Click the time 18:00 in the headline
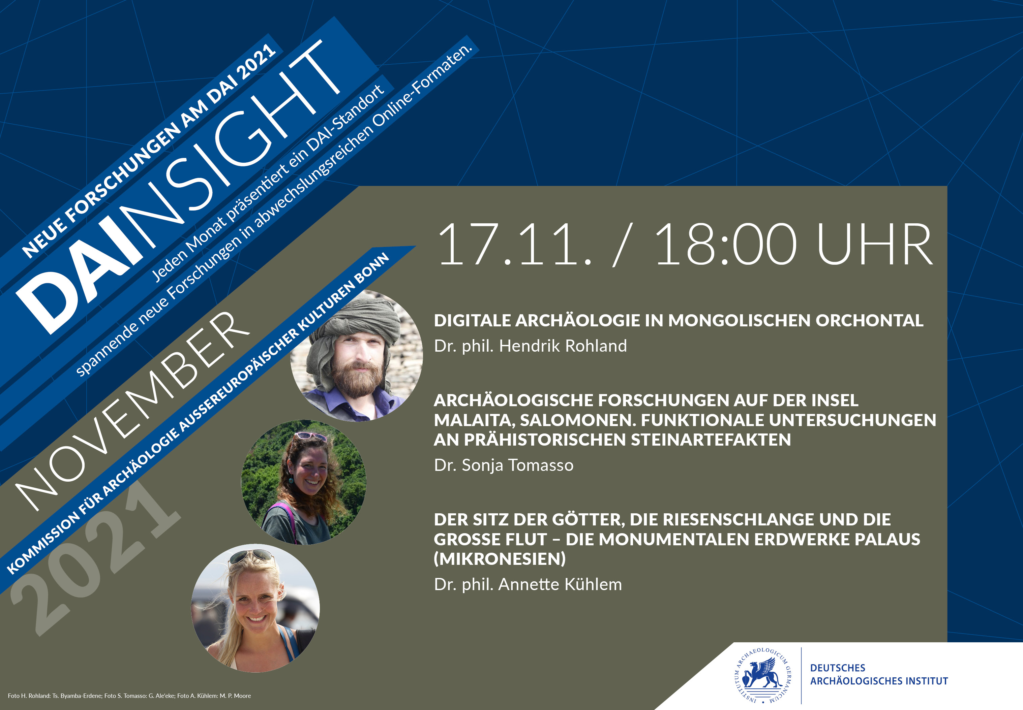[726, 245]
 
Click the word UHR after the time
[875, 245]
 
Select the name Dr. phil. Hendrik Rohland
[530, 346]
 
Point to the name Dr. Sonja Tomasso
[504, 465]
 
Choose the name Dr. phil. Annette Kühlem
[528, 584]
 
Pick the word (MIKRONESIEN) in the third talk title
[500, 559]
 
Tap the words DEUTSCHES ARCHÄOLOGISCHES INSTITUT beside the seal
[879, 674]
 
